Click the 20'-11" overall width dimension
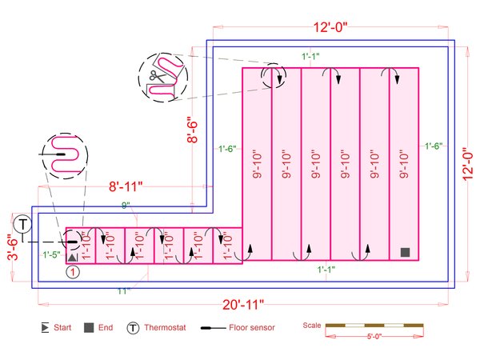[243, 305]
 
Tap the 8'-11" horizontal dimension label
[126, 186]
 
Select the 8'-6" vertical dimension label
[193, 130]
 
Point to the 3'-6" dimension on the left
[13, 247]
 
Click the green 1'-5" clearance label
[51, 254]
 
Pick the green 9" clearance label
[126, 206]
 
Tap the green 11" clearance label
[124, 291]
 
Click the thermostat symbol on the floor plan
[22, 224]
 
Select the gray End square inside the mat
[405, 252]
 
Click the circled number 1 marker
[73, 272]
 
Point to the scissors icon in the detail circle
[158, 76]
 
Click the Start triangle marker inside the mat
[72, 258]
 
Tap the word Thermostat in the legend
[165, 327]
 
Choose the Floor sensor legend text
[252, 327]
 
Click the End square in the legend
[89, 327]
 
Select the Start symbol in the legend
[45, 327]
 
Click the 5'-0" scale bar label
[374, 337]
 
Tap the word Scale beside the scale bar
[312, 325]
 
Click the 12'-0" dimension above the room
[330, 27]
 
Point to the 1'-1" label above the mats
[310, 56]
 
